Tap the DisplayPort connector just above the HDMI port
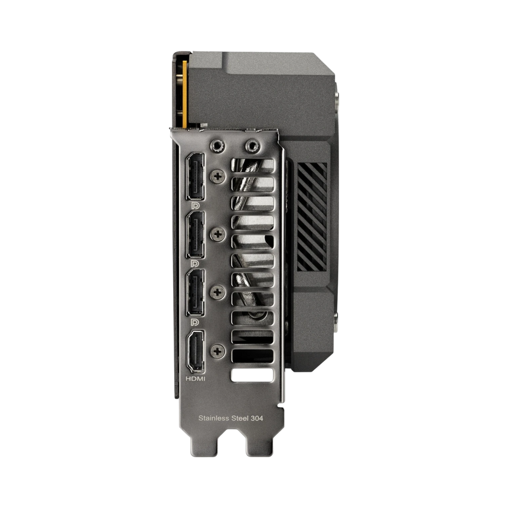pos(196,292)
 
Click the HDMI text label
pos(195,379)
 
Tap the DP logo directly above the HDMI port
pos(196,321)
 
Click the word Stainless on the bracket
pos(211,418)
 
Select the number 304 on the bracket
pos(256,418)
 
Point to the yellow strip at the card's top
pos(185,95)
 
